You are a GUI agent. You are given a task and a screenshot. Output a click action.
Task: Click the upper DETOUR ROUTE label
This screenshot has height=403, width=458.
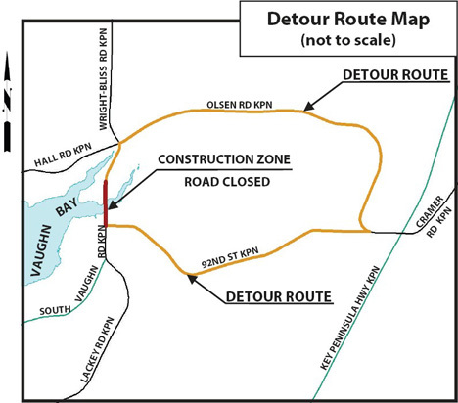(x=394, y=75)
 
